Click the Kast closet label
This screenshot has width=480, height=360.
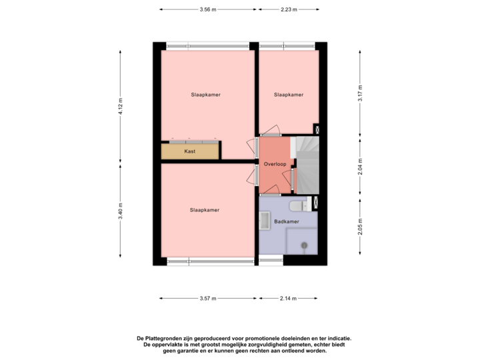click(x=190, y=151)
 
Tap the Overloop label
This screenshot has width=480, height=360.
click(x=275, y=163)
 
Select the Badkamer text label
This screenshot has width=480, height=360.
click(x=286, y=221)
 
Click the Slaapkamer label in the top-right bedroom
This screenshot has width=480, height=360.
click(x=289, y=95)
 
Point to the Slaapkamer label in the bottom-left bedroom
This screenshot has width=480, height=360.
click(x=205, y=210)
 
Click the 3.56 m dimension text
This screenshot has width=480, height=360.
click(x=208, y=9)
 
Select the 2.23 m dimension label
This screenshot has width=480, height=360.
click(x=289, y=9)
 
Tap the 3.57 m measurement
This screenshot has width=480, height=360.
click(x=208, y=299)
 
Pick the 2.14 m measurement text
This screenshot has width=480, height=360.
click(x=287, y=299)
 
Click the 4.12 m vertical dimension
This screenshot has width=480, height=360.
click(x=121, y=106)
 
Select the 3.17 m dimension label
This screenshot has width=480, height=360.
click(x=361, y=94)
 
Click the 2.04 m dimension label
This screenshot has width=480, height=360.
click(x=361, y=165)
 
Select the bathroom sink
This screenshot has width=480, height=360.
click(x=264, y=219)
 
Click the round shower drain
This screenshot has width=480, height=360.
click(x=304, y=245)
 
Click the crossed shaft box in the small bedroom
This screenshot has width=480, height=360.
click(x=317, y=130)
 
